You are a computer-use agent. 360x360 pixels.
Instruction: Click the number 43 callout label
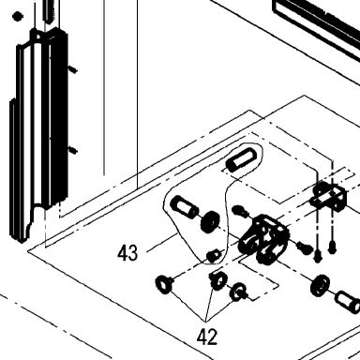coord(127,253)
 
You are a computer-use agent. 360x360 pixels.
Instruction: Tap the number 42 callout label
coord(207,337)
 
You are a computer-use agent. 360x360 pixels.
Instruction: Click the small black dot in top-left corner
coord(17,16)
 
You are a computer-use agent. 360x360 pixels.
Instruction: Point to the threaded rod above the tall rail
coord(50,11)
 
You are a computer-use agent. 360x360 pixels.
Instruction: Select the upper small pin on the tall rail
coord(73,69)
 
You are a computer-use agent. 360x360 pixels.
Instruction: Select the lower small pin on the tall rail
coord(73,150)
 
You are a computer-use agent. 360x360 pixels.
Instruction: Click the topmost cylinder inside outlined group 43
coord(242,159)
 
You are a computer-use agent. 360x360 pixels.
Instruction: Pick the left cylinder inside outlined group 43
coord(184,206)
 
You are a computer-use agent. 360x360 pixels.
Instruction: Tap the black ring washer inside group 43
coord(210,221)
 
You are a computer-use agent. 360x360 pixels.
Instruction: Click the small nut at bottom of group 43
coord(213,256)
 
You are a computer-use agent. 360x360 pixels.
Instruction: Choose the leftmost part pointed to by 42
coord(164,284)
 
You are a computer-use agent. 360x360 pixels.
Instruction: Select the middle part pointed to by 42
coord(217,280)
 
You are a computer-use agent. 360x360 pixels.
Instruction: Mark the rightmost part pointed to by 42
coord(238,292)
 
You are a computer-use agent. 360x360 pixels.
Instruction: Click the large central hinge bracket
coord(263,239)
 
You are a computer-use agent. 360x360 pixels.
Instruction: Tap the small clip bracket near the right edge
coord(330,196)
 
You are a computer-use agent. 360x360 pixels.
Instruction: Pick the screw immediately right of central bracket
coord(305,247)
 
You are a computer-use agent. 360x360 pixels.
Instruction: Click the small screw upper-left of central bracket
coord(240,211)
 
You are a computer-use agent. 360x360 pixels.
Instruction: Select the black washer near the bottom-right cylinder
coord(321,285)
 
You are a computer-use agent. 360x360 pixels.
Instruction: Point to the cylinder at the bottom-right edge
coord(348,301)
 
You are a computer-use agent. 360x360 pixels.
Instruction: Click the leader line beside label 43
coord(162,242)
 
